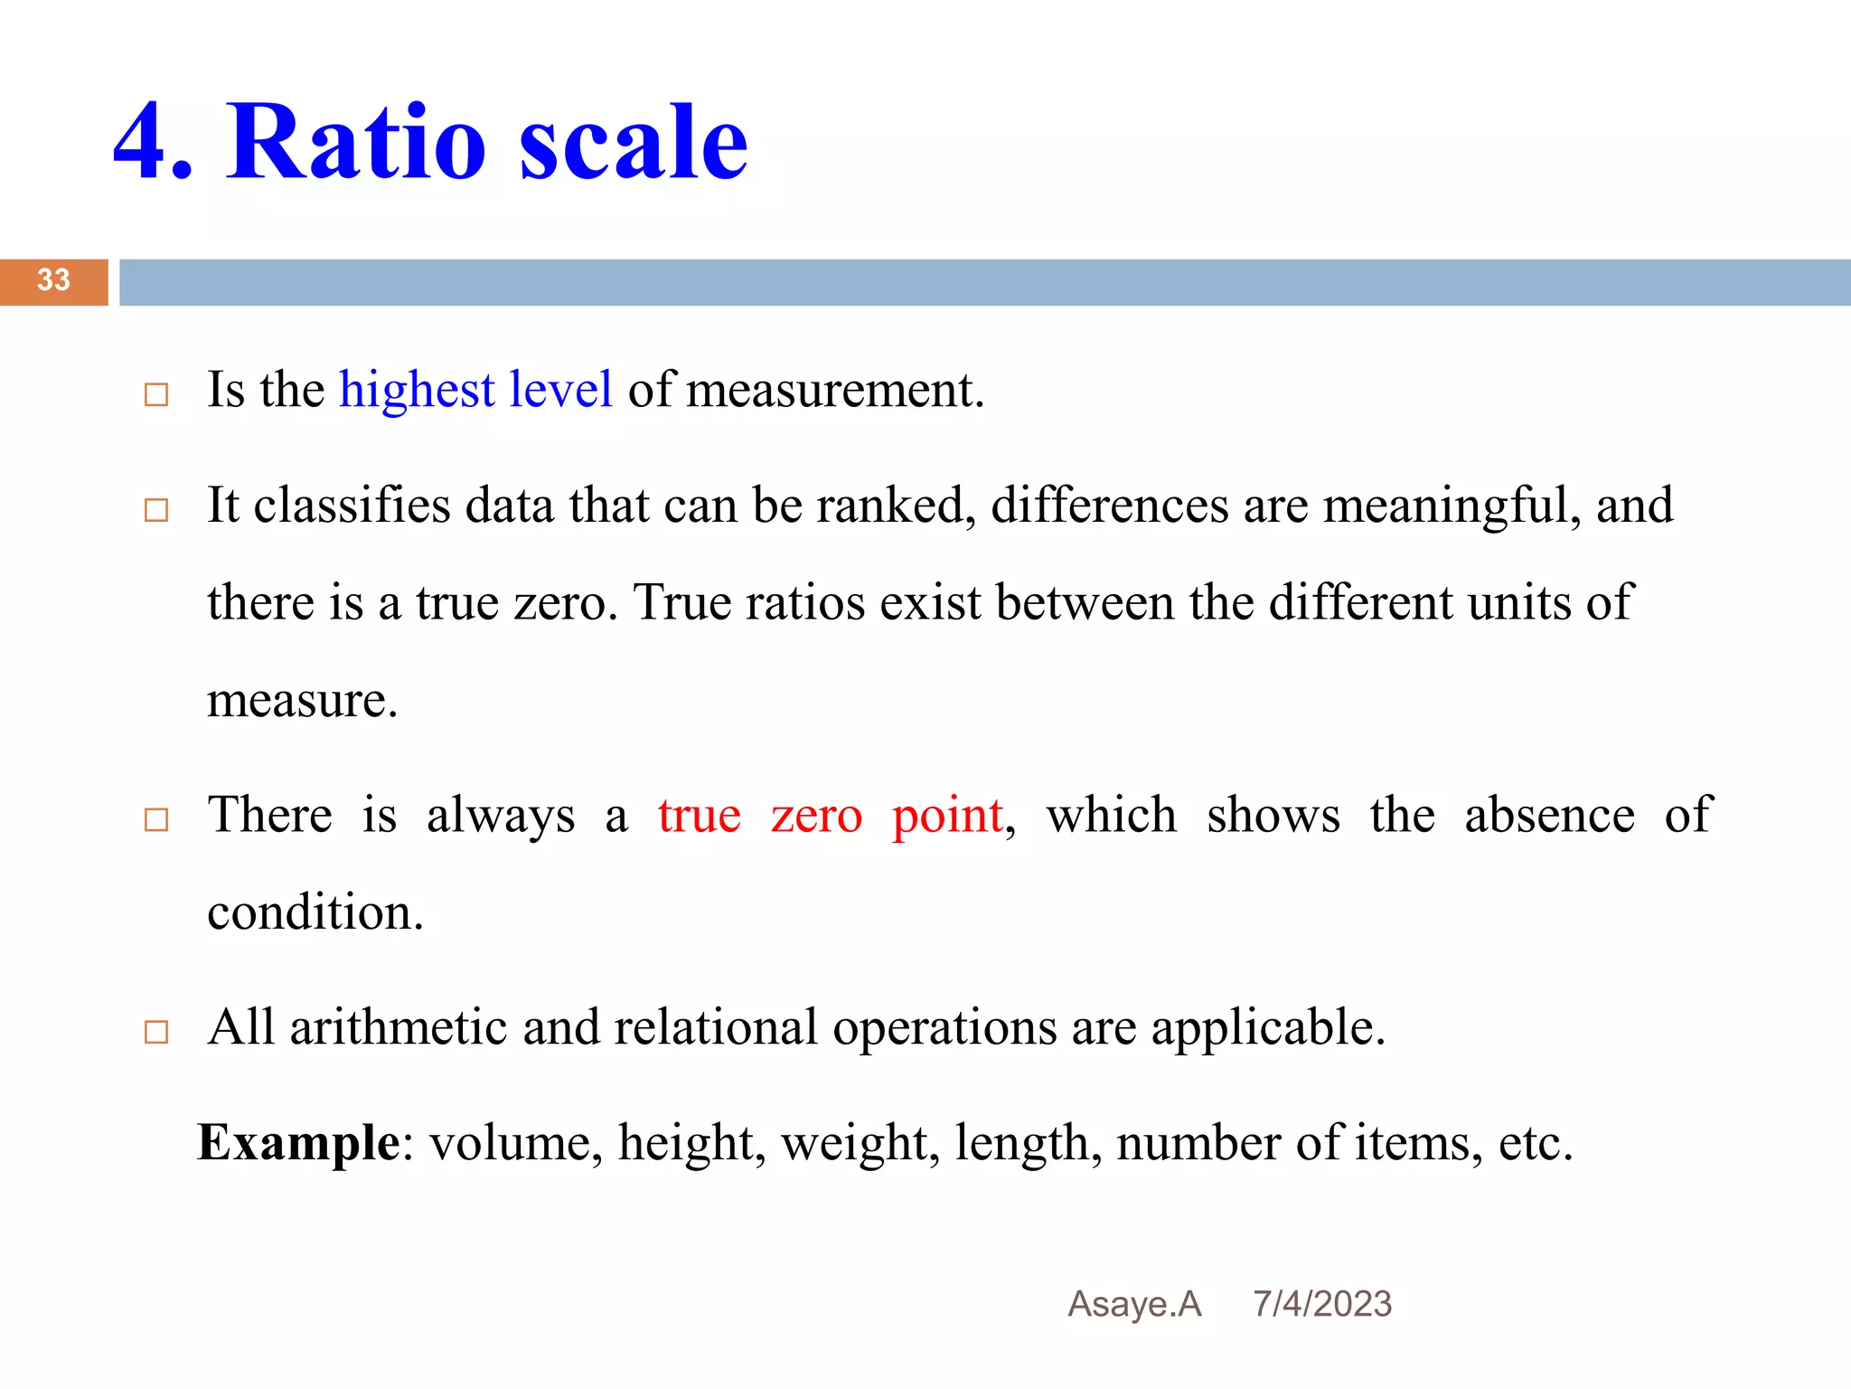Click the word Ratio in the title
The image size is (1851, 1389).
point(356,143)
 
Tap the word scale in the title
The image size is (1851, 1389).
point(633,143)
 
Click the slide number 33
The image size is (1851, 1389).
point(53,280)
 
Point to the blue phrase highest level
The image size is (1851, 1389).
point(475,391)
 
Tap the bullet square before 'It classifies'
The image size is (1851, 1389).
point(156,510)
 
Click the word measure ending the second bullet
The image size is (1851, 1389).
point(301,701)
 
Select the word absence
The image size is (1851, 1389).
point(1549,815)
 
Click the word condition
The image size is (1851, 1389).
point(315,912)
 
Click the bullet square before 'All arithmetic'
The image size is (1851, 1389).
point(156,1032)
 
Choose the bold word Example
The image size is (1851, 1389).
point(298,1143)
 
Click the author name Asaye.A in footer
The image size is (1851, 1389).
point(1134,1304)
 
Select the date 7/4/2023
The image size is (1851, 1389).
point(1321,1304)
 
